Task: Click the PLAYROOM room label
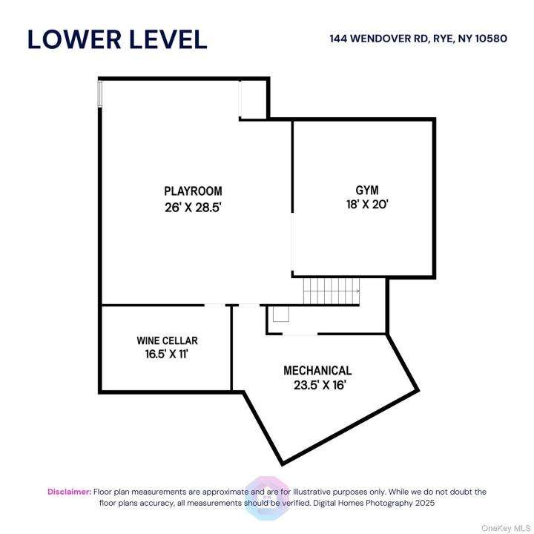coord(193,191)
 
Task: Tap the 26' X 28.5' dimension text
coord(193,207)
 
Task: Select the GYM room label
coord(367,190)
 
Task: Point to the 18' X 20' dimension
coord(367,205)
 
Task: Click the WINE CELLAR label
coord(167,340)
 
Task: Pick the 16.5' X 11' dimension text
coord(167,355)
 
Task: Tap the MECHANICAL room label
coord(317,371)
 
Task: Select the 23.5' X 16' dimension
coord(320,385)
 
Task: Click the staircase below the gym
coord(332,291)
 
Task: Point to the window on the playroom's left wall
coord(100,93)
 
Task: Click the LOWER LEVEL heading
coord(117,39)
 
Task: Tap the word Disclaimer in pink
coord(70,492)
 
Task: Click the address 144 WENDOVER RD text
coord(379,39)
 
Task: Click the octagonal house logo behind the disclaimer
coord(267,498)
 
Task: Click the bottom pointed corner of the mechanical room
coord(283,464)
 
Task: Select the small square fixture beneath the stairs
coord(281,314)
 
